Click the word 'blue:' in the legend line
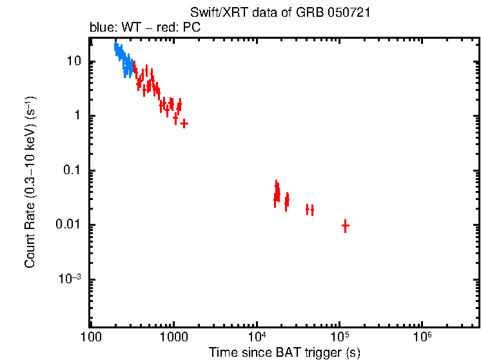pyautogui.click(x=101, y=28)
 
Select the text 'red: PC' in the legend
pyautogui.click(x=184, y=28)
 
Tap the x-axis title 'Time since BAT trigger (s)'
pyautogui.click(x=284, y=352)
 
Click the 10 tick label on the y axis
pyautogui.click(x=73, y=62)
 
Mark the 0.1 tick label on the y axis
pyautogui.click(x=72, y=171)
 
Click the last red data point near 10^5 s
pyautogui.click(x=345, y=225)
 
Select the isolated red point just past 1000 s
pyautogui.click(x=184, y=123)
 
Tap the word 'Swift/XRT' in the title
pyautogui.click(x=213, y=13)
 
